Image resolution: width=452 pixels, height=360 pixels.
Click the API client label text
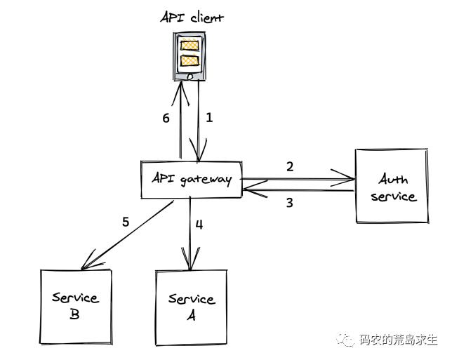(x=191, y=17)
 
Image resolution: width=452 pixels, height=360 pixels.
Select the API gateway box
(x=191, y=178)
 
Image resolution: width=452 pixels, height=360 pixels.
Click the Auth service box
(x=392, y=187)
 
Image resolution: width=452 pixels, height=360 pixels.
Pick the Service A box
(x=191, y=307)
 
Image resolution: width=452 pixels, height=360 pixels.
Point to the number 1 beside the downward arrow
(x=208, y=118)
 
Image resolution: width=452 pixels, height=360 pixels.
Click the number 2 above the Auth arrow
(x=289, y=166)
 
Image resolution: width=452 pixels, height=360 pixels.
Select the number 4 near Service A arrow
(x=199, y=225)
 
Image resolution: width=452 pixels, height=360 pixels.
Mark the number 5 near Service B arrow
(x=126, y=222)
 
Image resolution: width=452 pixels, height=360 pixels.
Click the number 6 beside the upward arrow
(x=166, y=118)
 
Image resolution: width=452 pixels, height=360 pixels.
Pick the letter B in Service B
(x=74, y=314)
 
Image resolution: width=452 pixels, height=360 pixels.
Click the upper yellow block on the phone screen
(x=191, y=46)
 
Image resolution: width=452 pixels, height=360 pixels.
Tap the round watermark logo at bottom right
(x=349, y=340)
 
